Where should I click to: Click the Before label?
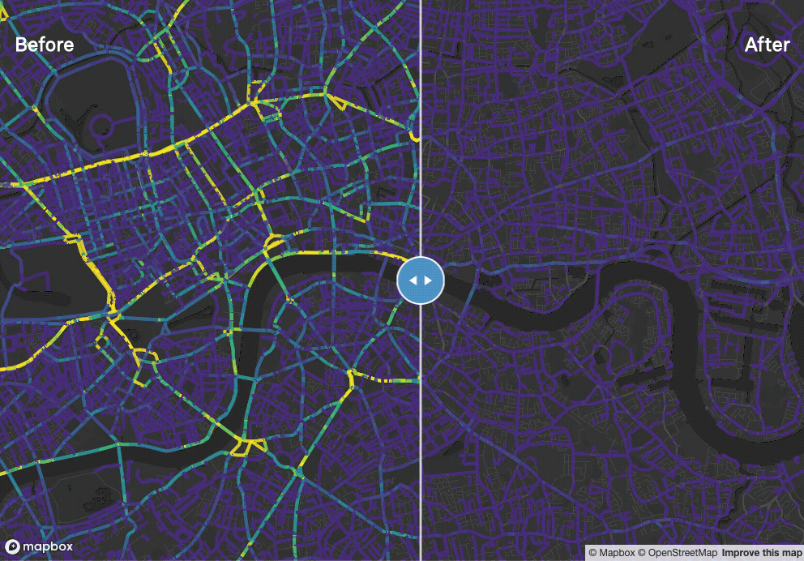(x=45, y=45)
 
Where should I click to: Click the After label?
(x=767, y=45)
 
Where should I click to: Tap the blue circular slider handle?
(x=421, y=280)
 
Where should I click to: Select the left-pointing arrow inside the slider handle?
(x=413, y=280)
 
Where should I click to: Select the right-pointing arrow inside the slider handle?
(x=429, y=280)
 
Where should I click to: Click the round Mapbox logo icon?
(x=12, y=546)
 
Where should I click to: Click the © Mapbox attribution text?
(x=616, y=553)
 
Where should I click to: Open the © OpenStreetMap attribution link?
(x=677, y=553)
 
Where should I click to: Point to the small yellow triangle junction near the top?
(x=336, y=101)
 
